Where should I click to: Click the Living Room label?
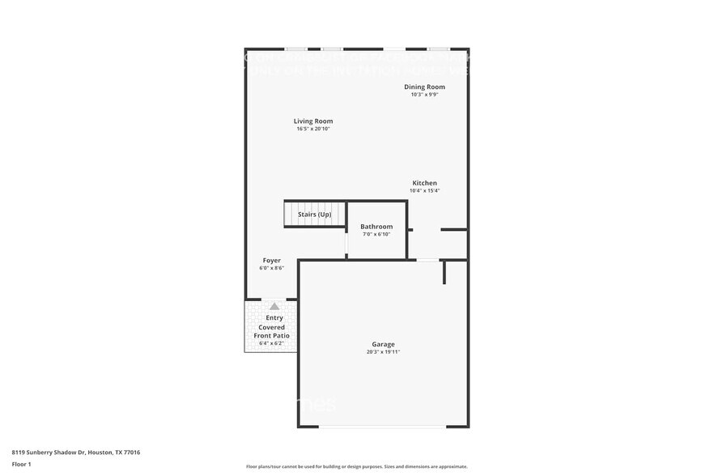click(x=313, y=121)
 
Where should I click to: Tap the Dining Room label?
click(x=424, y=87)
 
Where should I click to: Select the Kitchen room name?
click(x=425, y=183)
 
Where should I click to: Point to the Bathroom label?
click(x=376, y=227)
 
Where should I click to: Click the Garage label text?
click(x=383, y=344)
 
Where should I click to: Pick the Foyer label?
click(x=271, y=261)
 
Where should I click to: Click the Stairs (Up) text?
click(x=314, y=214)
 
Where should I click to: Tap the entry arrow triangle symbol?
click(x=274, y=307)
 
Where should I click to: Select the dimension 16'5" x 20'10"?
click(x=313, y=129)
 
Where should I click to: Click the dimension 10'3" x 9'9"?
click(x=424, y=95)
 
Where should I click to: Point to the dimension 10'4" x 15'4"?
click(x=425, y=191)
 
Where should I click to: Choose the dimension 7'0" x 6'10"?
click(x=376, y=234)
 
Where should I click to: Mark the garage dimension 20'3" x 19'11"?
click(x=383, y=351)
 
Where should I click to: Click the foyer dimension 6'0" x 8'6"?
click(x=271, y=268)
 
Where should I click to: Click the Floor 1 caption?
click(x=22, y=464)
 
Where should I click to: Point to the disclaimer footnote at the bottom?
click(x=356, y=466)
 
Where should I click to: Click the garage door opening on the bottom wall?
click(x=383, y=427)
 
